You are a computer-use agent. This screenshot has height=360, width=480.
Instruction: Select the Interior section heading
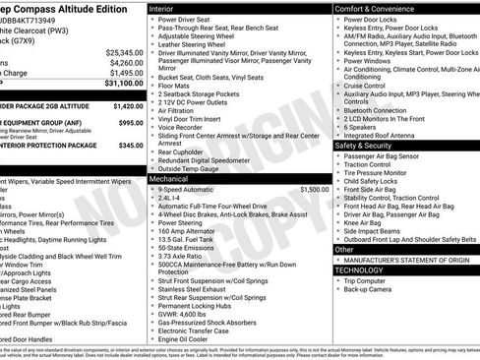click(x=164, y=7)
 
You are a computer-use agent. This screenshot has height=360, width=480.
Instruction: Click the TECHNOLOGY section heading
click(x=359, y=269)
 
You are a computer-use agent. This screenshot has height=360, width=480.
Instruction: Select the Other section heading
click(x=345, y=250)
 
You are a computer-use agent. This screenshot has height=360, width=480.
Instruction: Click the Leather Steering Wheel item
click(x=200, y=43)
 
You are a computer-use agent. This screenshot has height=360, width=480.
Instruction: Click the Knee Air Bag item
click(x=364, y=222)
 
